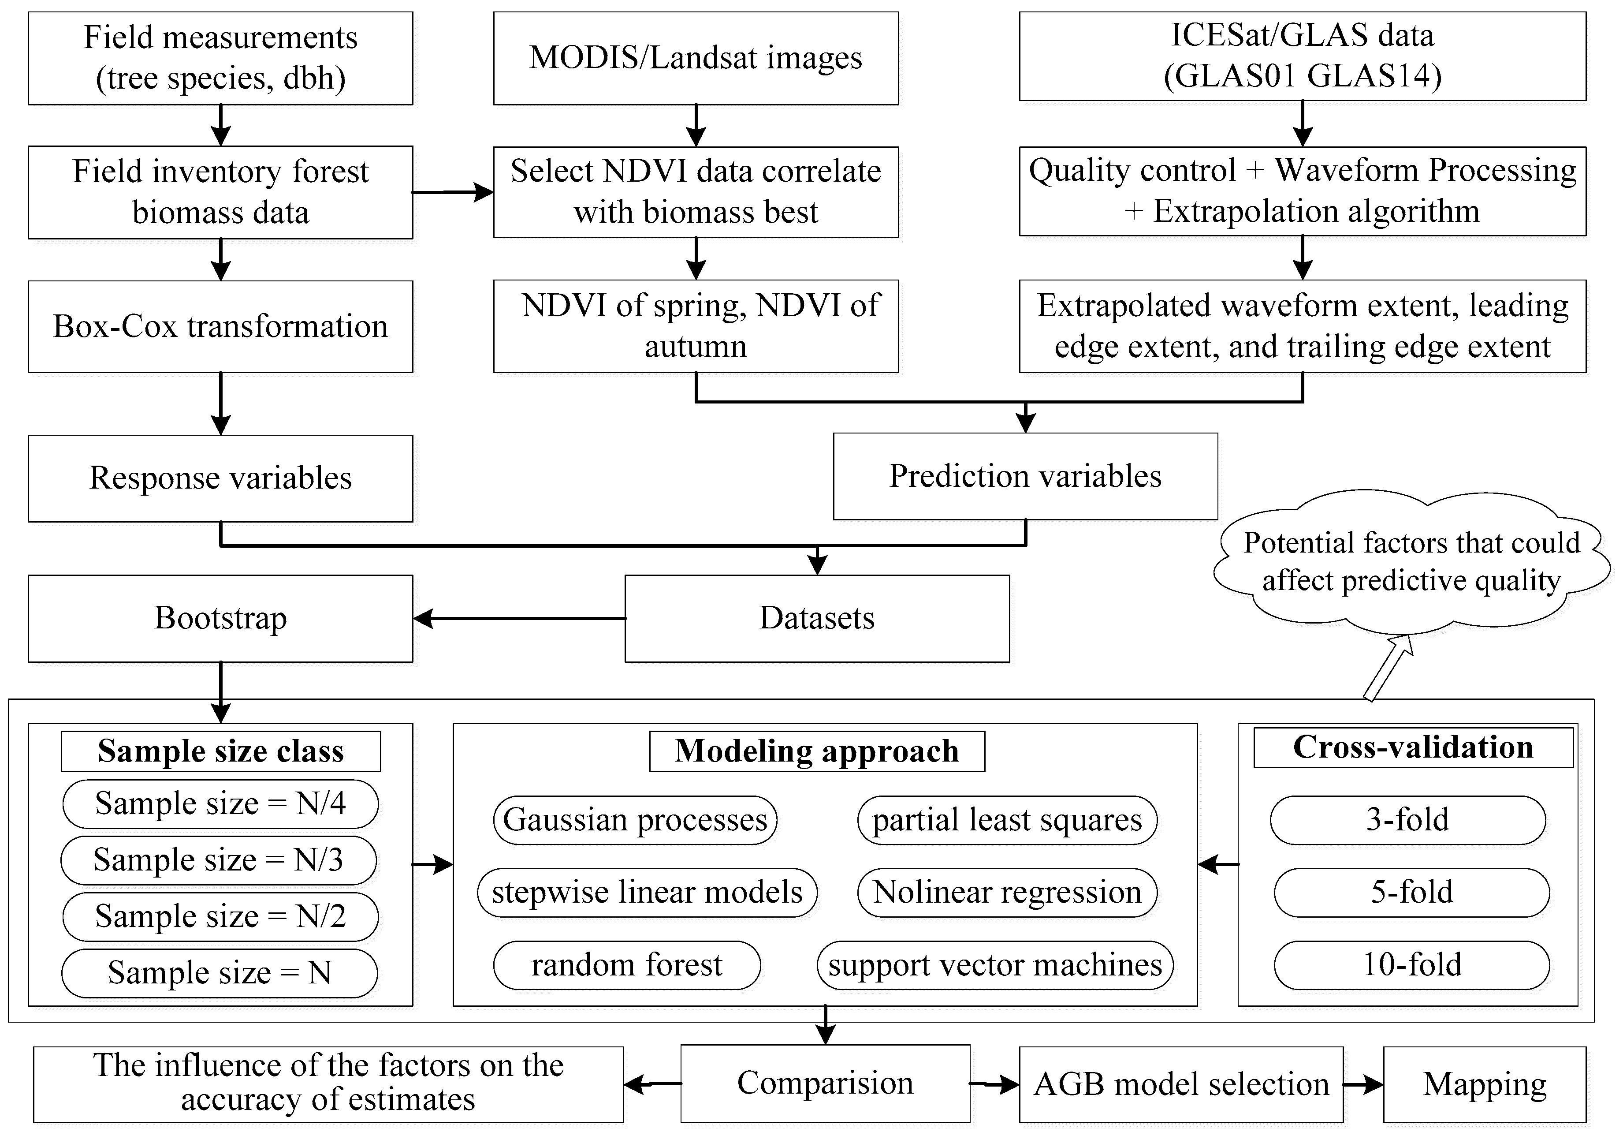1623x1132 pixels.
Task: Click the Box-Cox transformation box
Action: click(x=220, y=327)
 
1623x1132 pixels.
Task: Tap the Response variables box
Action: click(x=220, y=478)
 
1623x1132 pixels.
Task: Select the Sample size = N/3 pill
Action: click(x=219, y=860)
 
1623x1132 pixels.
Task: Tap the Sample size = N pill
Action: click(x=219, y=973)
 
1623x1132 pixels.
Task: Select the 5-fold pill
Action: click(x=1412, y=892)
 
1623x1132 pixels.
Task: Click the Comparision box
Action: click(x=825, y=1083)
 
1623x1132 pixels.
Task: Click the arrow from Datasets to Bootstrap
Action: click(x=520, y=619)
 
